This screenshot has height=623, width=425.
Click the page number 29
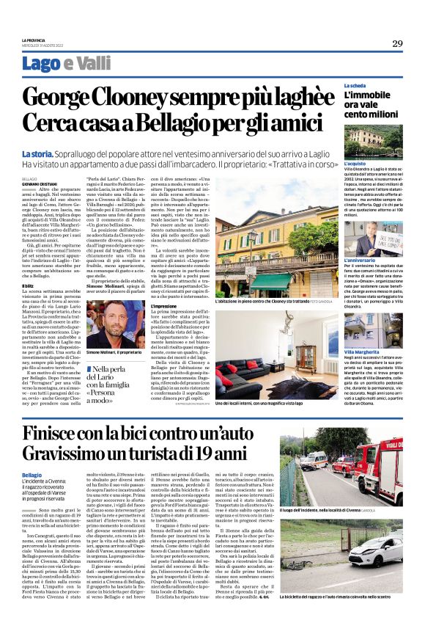pos(396,43)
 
